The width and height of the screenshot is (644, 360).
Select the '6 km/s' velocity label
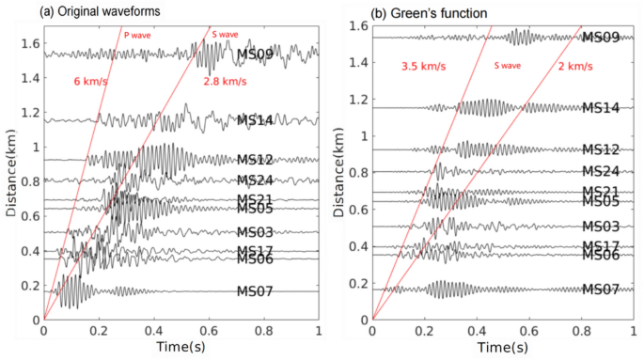(x=90, y=81)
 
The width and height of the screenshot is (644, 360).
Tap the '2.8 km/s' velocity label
(x=225, y=81)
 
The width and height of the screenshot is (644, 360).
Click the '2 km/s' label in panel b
(x=574, y=67)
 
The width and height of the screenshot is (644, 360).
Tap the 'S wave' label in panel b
(x=509, y=67)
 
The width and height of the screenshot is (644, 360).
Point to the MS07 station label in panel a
(x=255, y=291)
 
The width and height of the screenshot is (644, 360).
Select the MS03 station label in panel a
(x=255, y=232)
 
